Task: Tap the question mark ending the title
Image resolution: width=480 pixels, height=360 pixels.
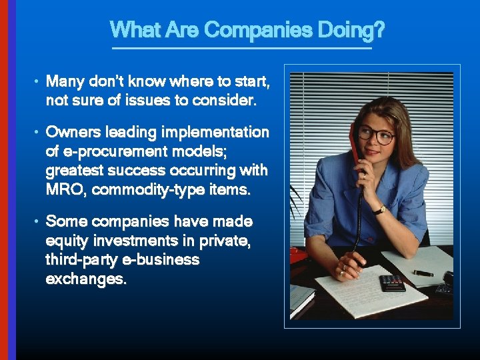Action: tap(379, 30)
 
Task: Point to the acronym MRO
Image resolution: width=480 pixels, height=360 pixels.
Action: tap(66, 189)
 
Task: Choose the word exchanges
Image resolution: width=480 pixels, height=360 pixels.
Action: tap(85, 279)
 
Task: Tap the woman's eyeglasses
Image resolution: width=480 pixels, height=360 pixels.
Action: tap(375, 135)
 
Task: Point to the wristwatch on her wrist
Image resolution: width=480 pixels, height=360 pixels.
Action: tap(379, 210)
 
